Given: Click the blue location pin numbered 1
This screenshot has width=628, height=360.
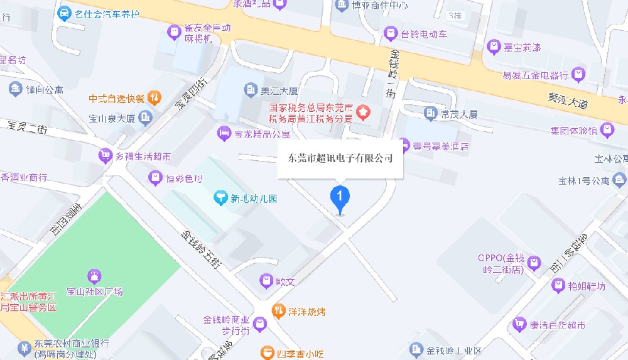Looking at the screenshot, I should click(340, 197).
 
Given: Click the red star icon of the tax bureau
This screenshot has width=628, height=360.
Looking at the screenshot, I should click(364, 113).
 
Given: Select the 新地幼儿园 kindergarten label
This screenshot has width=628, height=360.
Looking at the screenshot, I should click(253, 199).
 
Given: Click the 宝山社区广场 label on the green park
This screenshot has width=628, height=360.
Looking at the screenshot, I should click(95, 292).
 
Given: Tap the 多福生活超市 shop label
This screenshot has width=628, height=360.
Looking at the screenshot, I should click(141, 156).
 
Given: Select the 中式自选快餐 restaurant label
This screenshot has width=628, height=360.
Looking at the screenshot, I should click(117, 99).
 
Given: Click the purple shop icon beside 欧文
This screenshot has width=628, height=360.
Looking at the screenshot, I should click(267, 281).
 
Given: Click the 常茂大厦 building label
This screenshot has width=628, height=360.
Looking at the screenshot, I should click(459, 114).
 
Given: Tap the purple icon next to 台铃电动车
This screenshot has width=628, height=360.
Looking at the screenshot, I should click(391, 33).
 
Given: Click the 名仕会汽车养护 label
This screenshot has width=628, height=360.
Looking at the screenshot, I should click(107, 13).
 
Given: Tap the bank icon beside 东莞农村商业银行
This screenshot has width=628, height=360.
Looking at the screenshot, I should click(24, 347).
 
